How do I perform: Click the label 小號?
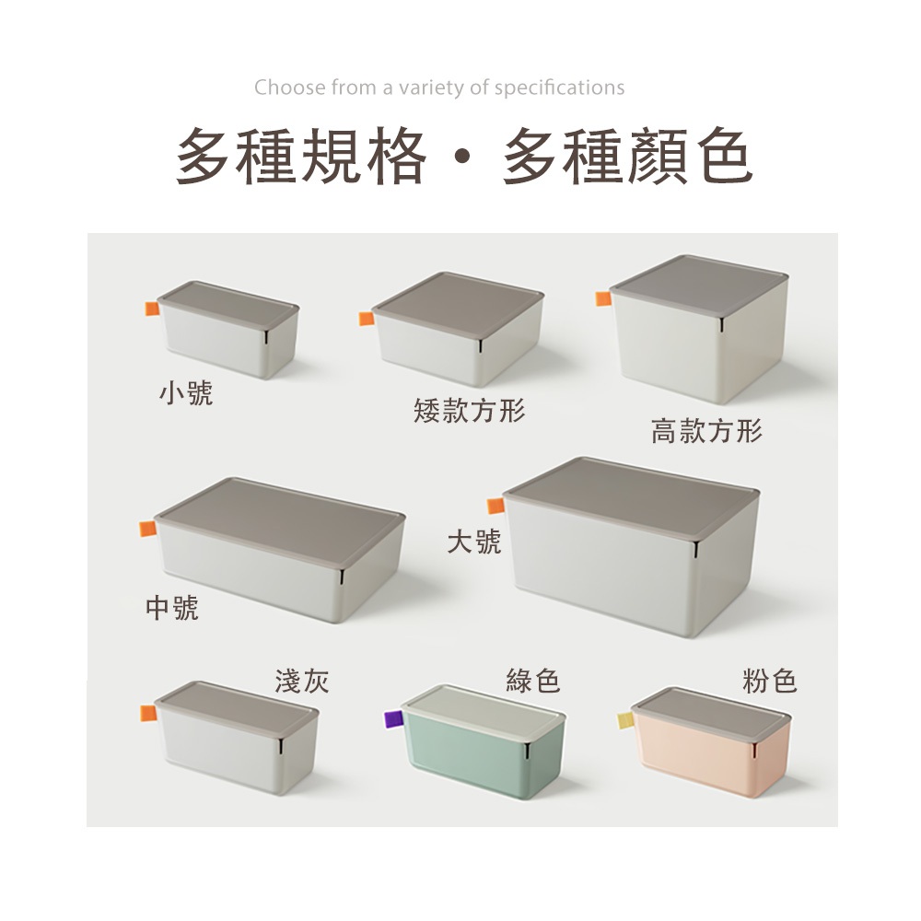tap(186, 393)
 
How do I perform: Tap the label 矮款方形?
tap(469, 410)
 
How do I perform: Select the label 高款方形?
tap(706, 430)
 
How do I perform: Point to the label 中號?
tap(172, 608)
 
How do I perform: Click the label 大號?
tap(474, 541)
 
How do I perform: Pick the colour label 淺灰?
tap(302, 682)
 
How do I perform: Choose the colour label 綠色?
tap(532, 682)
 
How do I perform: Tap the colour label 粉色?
tap(769, 682)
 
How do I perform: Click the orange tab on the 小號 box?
tap(153, 309)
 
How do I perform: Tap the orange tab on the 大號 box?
tap(496, 506)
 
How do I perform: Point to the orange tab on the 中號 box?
tap(148, 529)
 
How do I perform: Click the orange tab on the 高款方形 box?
tap(604, 298)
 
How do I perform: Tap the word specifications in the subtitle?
tap(559, 88)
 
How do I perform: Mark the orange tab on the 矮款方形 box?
tap(367, 319)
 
